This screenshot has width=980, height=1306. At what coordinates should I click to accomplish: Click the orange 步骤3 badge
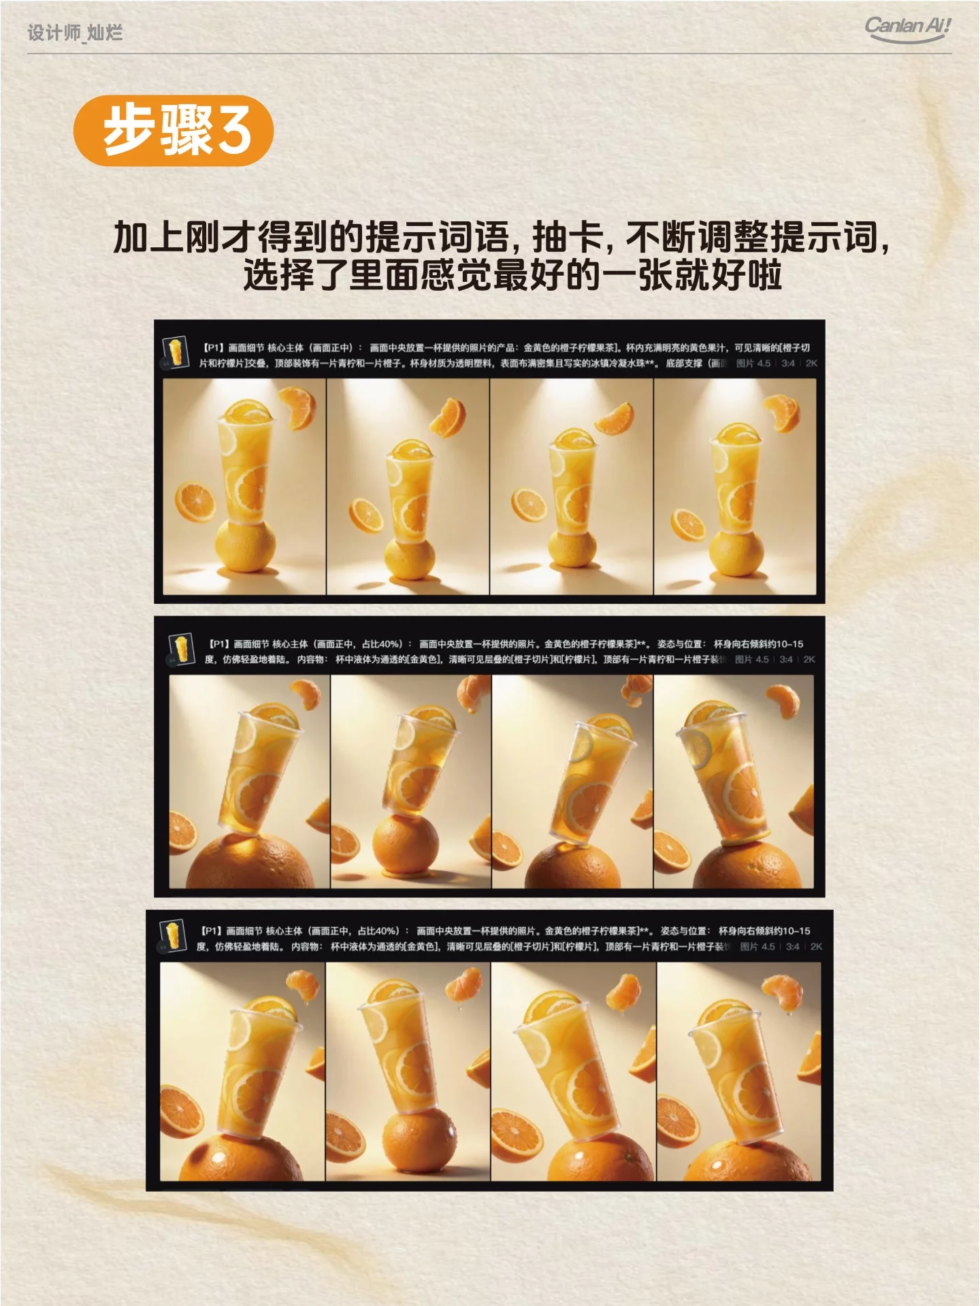pyautogui.click(x=173, y=130)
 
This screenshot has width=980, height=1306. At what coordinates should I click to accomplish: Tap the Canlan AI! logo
pyautogui.click(x=907, y=29)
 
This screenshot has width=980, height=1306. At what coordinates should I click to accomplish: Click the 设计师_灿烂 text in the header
pyautogui.click(x=75, y=33)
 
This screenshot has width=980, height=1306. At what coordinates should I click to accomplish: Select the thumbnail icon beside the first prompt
pyautogui.click(x=176, y=353)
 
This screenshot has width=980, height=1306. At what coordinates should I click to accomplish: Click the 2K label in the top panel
pyautogui.click(x=811, y=364)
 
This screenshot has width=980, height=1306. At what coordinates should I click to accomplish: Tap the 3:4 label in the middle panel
pyautogui.click(x=786, y=659)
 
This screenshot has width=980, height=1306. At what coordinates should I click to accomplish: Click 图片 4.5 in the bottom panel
pyautogui.click(x=757, y=946)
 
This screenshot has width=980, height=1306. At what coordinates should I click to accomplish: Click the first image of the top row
pyautogui.click(x=244, y=486)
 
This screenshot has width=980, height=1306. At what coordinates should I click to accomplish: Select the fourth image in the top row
pyautogui.click(x=734, y=486)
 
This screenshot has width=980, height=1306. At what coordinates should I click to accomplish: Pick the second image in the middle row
pyautogui.click(x=410, y=781)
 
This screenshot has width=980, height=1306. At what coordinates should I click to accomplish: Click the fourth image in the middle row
pyautogui.click(x=734, y=781)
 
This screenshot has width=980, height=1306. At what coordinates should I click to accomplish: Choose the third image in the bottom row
pyautogui.click(x=573, y=1071)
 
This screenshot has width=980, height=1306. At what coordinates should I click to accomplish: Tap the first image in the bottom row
pyautogui.click(x=242, y=1071)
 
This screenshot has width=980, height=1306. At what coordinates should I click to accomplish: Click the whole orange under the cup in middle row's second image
pyautogui.click(x=406, y=845)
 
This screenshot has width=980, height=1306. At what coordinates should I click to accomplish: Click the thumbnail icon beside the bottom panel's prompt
pyautogui.click(x=172, y=936)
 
